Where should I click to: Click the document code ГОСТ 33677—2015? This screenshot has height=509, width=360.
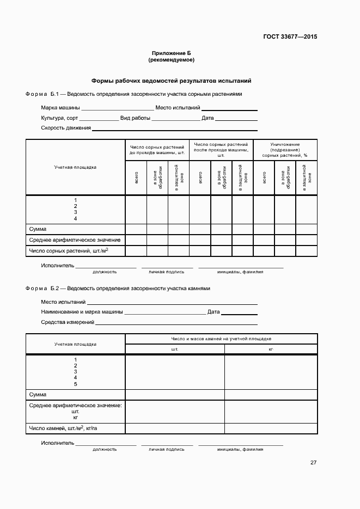289,37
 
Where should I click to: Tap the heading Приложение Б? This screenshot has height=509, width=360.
171,53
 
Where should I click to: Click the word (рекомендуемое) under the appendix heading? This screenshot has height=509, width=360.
171,59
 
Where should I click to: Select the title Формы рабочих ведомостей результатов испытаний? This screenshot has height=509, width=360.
171,81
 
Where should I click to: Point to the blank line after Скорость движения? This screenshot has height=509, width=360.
174,130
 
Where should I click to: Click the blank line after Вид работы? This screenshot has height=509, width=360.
175,119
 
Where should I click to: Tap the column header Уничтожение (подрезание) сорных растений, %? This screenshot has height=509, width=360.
285,150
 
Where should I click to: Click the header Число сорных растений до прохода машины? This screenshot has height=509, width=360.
157,150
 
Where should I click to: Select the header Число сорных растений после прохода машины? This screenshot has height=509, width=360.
221,150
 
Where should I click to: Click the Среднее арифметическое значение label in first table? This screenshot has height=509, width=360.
75,240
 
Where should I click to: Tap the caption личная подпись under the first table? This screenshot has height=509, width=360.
167,271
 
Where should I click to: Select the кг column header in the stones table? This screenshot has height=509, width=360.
271,348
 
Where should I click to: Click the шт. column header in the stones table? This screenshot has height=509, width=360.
175,348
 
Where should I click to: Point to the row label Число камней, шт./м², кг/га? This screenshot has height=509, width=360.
63,428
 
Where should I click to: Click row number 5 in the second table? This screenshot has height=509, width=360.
75,384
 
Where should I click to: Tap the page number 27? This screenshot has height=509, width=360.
313,463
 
